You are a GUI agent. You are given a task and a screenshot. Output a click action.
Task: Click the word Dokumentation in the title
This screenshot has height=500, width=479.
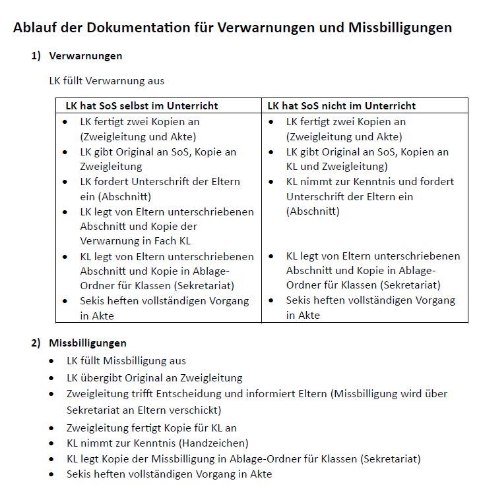tap(148, 28)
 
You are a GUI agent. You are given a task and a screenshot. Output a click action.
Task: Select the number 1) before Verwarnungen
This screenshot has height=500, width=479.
tap(36, 56)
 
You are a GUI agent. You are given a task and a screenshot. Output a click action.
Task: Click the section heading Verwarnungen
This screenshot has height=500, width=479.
tap(85, 56)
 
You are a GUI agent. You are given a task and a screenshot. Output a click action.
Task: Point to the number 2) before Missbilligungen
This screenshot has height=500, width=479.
tap(36, 343)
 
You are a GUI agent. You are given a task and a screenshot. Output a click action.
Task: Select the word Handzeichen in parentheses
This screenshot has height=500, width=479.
tap(216, 443)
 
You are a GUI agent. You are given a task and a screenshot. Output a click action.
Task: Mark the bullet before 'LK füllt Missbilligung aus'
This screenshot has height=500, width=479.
tap(52, 362)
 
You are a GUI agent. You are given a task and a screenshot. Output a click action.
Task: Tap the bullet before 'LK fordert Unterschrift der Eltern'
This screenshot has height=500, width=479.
tap(65, 182)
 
